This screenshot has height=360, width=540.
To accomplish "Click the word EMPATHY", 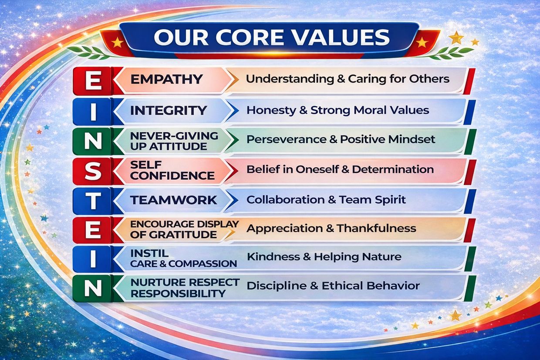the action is [166, 79].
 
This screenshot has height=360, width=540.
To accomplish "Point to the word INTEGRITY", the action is [168, 111].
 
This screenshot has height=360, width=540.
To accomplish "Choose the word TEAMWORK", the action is [174, 200].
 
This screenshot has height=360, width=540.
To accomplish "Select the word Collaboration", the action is [285, 199].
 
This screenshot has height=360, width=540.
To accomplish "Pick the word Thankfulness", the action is [377, 228].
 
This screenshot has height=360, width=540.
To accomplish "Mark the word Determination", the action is [393, 169].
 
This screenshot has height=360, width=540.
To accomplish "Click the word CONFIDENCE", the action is [172, 176].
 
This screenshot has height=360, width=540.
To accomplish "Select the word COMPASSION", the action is [203, 264].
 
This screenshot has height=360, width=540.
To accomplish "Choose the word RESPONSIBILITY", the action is [178, 293].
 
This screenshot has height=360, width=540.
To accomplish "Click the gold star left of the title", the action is [118, 42].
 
